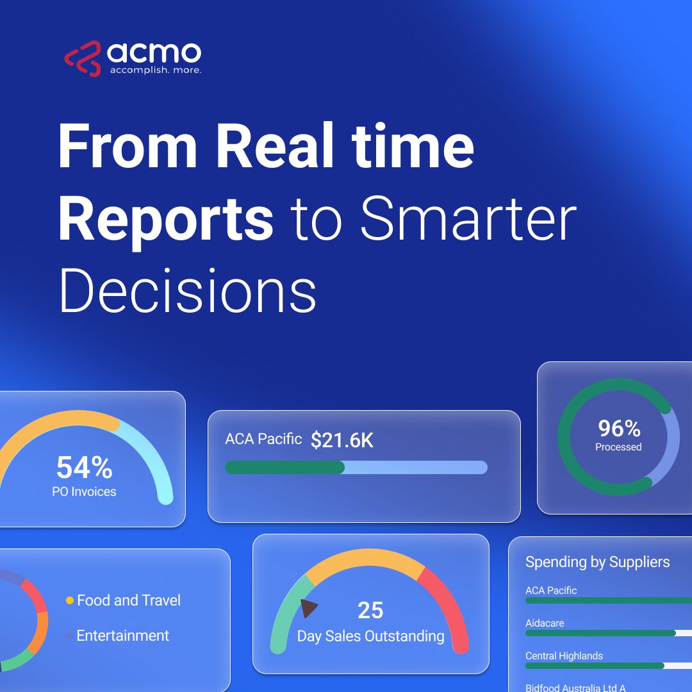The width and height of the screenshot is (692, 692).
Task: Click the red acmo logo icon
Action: click(83, 59)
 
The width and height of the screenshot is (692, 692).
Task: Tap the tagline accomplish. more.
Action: click(155, 70)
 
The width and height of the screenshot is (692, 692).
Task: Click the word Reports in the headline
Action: click(166, 217)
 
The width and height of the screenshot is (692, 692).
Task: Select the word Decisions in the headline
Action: click(187, 292)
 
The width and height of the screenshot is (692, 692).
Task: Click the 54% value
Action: click(84, 468)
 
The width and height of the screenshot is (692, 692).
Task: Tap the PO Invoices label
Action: click(84, 492)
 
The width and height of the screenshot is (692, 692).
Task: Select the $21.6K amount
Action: click(342, 440)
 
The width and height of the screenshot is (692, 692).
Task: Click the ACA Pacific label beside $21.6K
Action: click(263, 439)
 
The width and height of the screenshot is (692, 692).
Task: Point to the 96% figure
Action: click(619, 428)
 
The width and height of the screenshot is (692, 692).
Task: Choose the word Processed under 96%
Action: click(618, 447)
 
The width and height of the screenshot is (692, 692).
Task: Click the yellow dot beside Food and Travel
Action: click(70, 601)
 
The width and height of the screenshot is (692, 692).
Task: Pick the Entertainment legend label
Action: click(122, 636)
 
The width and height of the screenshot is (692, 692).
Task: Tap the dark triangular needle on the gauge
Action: click(308, 608)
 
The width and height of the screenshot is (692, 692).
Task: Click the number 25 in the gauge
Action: click(370, 611)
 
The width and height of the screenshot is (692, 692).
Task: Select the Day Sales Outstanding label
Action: click(370, 636)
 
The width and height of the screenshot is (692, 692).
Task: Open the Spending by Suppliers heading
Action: click(597, 563)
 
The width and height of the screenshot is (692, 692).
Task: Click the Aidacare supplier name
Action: click(545, 623)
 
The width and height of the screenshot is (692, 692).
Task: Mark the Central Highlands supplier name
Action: click(564, 656)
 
